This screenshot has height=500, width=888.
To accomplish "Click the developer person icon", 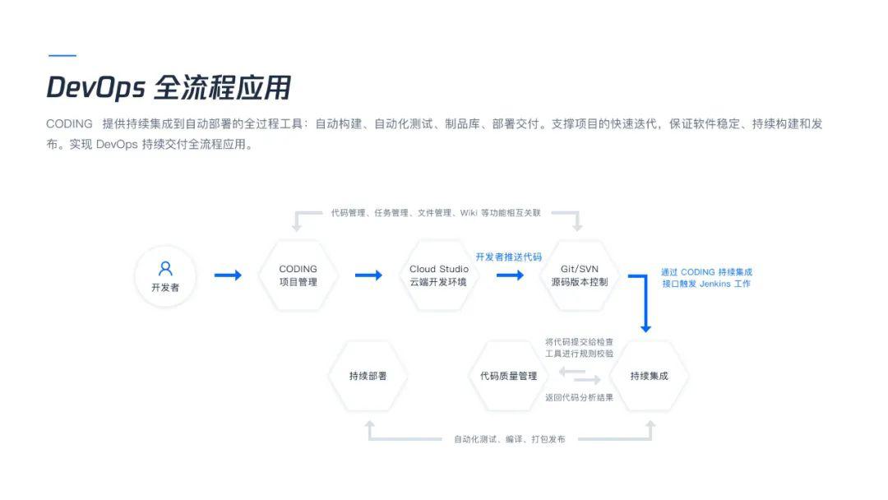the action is [x=165, y=268].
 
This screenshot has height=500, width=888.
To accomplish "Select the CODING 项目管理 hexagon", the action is [x=298, y=275].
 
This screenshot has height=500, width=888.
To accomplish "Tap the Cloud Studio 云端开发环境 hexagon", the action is [x=439, y=275].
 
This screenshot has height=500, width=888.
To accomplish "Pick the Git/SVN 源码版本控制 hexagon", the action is [x=580, y=275].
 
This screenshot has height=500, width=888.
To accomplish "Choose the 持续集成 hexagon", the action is [x=649, y=376].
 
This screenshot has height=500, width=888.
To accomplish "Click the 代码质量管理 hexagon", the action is [x=509, y=376].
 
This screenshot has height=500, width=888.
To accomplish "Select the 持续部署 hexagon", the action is [x=368, y=376].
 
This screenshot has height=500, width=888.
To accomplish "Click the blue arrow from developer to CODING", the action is [x=228, y=275].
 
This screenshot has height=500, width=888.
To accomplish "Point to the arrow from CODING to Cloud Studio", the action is [x=368, y=275].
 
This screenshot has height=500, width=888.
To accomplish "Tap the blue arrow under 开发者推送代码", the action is [x=510, y=275].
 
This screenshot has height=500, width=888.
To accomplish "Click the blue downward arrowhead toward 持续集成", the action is [x=645, y=328].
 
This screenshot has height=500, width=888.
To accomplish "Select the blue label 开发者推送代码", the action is [x=509, y=257].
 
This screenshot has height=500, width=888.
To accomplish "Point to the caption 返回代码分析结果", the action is [x=579, y=397].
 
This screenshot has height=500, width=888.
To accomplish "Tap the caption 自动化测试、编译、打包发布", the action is [x=510, y=439].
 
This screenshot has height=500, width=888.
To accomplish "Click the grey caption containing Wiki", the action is [x=436, y=213].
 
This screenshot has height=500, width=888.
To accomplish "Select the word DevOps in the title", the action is [x=95, y=88].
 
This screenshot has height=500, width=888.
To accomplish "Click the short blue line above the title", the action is [x=62, y=55].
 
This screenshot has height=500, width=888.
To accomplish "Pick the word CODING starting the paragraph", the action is [x=69, y=124].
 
